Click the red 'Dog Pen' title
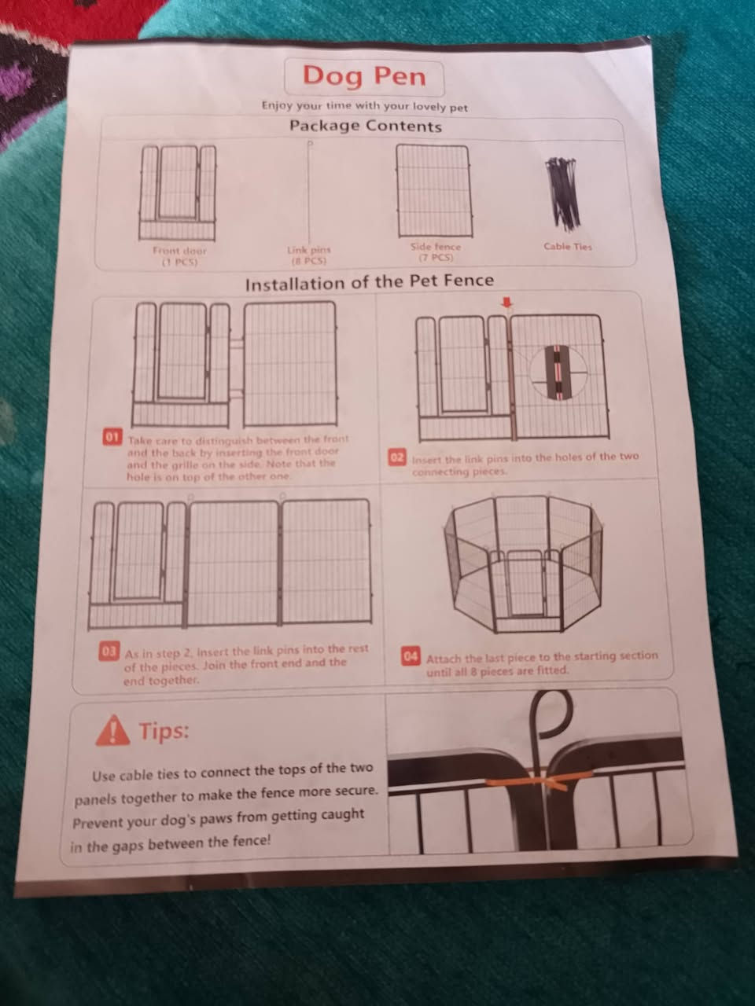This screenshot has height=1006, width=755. pyautogui.click(x=364, y=76)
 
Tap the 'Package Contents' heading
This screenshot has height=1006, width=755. pyautogui.click(x=366, y=126)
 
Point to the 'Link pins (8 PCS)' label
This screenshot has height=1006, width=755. pyautogui.click(x=309, y=255)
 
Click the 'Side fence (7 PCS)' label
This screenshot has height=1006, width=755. pyautogui.click(x=436, y=252)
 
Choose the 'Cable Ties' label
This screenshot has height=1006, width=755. pyautogui.click(x=568, y=247)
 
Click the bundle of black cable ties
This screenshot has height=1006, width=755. pyautogui.click(x=562, y=193)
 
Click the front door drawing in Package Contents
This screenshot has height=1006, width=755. pyautogui.click(x=178, y=193)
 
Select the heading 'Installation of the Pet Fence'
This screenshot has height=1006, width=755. pyautogui.click(x=370, y=282)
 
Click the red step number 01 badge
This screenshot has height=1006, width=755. pyautogui.click(x=112, y=436)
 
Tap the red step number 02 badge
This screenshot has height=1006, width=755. pyautogui.click(x=397, y=457)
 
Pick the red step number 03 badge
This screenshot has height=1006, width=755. pyautogui.click(x=109, y=652)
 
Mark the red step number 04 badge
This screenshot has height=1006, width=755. pyautogui.click(x=411, y=656)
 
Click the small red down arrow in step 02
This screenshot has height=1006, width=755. pyautogui.click(x=506, y=303)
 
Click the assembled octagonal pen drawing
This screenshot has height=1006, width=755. pyautogui.click(x=523, y=564)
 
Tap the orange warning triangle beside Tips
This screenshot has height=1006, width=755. pyautogui.click(x=112, y=731)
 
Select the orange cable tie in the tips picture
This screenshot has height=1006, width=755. pyautogui.click(x=541, y=780)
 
